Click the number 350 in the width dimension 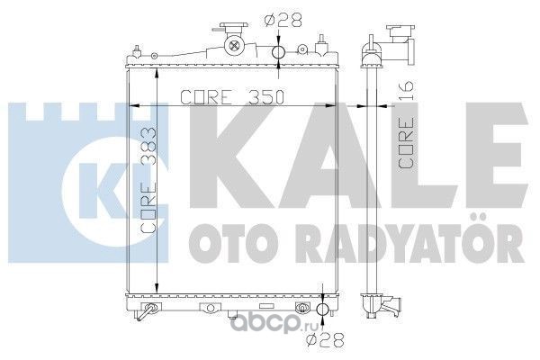[267, 97]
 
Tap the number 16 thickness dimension [407, 91]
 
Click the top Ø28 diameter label [283, 20]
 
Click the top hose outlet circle [278, 52]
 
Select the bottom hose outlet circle [323, 309]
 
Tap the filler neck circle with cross [234, 45]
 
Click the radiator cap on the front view [234, 27]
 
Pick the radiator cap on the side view [400, 32]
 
